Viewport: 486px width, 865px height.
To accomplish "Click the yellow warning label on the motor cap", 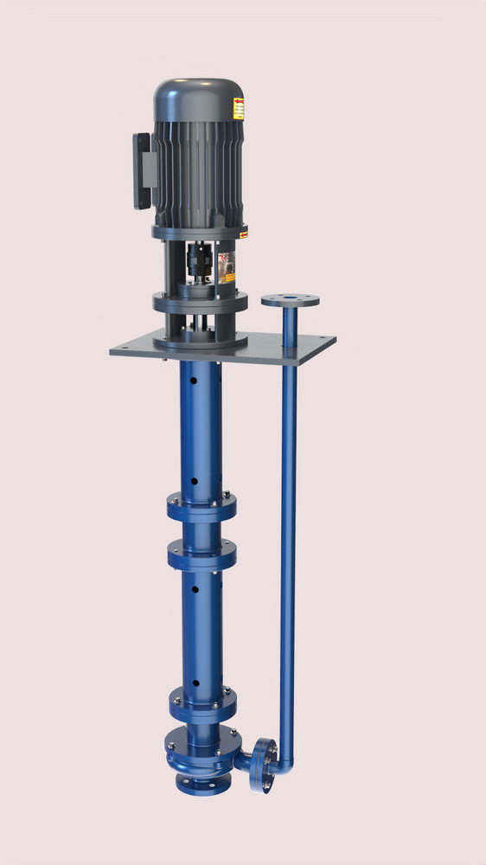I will (238, 109).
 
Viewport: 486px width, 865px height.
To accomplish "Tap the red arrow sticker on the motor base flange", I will (244, 234).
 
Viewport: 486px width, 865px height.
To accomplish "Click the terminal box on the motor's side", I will (143, 170).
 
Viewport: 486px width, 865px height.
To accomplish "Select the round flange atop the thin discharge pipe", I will (290, 301).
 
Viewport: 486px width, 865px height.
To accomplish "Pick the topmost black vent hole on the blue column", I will (194, 379).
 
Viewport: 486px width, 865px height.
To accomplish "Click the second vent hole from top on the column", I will (194, 481).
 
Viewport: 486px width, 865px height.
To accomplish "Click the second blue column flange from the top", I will (201, 554).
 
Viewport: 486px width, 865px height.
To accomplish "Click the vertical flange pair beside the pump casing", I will (263, 765).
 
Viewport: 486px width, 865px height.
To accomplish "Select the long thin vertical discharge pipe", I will (289, 536).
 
